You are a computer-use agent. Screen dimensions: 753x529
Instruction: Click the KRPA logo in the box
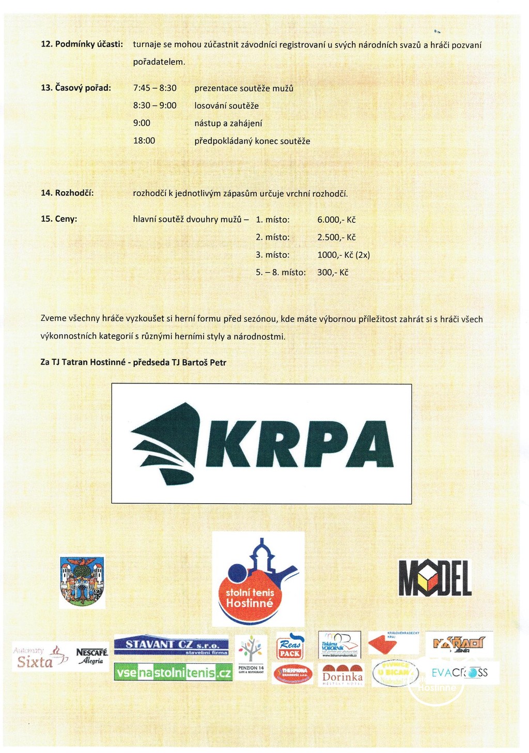tap(261, 443)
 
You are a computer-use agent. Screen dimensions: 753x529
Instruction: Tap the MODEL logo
tap(435, 578)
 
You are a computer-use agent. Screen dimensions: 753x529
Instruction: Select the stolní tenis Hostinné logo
tap(258, 579)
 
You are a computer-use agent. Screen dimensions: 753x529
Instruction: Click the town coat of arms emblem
tap(82, 581)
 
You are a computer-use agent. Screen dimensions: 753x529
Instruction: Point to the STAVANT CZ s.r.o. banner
tap(171, 646)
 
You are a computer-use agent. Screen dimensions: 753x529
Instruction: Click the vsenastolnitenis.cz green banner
tap(173, 672)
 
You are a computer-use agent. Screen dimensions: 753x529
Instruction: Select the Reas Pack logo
tap(290, 646)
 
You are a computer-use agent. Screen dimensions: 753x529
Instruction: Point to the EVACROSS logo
tap(459, 672)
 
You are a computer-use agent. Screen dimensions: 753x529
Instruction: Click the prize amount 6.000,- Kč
tap(336, 220)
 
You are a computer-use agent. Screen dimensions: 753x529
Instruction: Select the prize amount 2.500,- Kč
tap(336, 237)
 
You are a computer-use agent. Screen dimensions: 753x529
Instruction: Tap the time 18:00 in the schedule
tap(144, 141)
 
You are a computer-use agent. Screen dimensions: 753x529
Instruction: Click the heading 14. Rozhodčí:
tap(67, 193)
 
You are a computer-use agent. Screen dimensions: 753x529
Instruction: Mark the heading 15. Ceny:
tap(59, 219)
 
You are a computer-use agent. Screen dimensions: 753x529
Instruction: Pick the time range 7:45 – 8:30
tap(155, 88)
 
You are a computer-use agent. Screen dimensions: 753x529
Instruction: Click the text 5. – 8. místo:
tap(281, 272)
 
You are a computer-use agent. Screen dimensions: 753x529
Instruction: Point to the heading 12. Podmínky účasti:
tap(82, 44)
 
